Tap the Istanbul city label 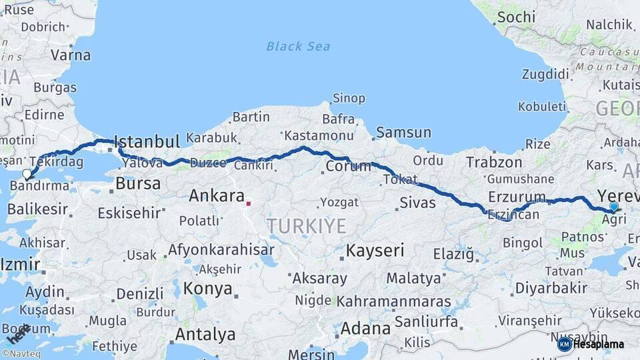coord(147,141)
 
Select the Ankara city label coord(216,196)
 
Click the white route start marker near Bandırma coord(27,174)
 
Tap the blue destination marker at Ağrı coord(614,207)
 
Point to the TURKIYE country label coord(307,226)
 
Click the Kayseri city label coord(375,251)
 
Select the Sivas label coord(417,203)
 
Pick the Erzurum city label coord(517,197)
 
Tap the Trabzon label coord(494,162)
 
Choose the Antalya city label coord(205,334)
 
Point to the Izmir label coord(20,264)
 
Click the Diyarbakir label coord(551,288)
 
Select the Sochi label coord(516,17)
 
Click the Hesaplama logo coord(591,344)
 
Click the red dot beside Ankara coord(248,203)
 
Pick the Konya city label coord(208,289)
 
